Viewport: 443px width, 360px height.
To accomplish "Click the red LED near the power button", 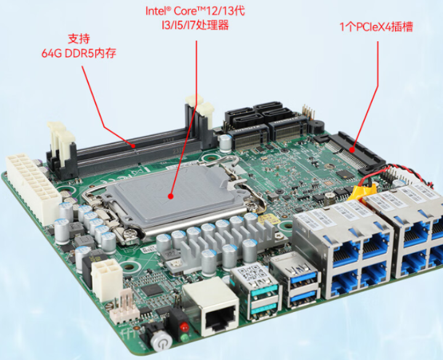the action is click(184, 327).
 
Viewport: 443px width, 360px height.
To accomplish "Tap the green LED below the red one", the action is click(185, 337).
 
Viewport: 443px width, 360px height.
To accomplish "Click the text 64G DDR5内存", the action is click(79, 53).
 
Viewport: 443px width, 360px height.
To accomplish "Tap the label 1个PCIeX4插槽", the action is click(376, 27).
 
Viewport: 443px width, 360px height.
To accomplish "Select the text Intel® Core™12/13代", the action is click(195, 11).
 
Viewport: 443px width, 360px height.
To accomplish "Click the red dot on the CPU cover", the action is click(170, 196).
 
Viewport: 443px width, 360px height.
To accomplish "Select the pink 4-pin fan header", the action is click(124, 306).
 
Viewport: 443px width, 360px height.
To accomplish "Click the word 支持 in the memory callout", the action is click(79, 39).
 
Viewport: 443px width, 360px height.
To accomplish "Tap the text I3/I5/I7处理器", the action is click(195, 25).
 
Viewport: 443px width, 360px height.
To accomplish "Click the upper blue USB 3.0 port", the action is click(304, 278).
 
